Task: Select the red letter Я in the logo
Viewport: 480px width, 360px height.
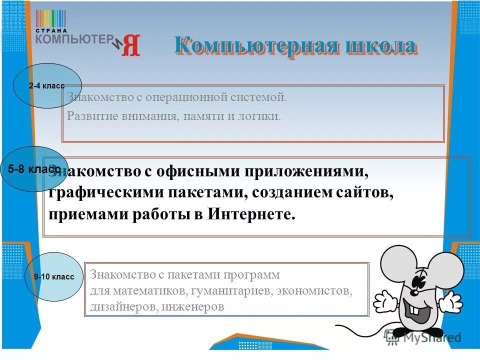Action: (x=131, y=45)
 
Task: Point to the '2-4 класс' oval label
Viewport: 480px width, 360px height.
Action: (x=46, y=85)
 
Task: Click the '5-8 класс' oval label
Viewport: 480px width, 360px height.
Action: (x=34, y=169)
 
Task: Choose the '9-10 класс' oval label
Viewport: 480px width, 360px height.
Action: (x=54, y=276)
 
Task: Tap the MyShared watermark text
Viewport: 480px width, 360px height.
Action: (x=429, y=338)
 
